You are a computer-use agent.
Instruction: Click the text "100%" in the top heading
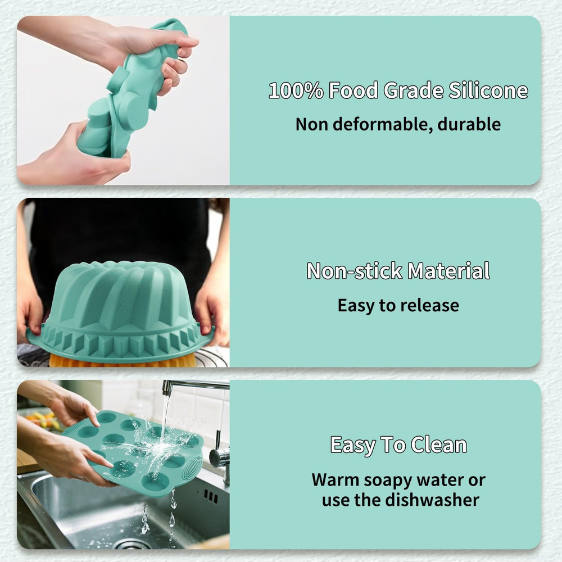click(296, 90)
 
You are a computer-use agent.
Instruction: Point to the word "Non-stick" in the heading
click(354, 271)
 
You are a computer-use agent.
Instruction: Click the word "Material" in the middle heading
click(448, 271)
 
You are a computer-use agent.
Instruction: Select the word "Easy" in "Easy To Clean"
click(352, 445)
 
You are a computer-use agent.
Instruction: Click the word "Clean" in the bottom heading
click(438, 445)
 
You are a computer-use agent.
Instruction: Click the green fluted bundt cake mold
click(121, 303)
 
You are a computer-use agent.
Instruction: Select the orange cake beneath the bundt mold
click(121, 361)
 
